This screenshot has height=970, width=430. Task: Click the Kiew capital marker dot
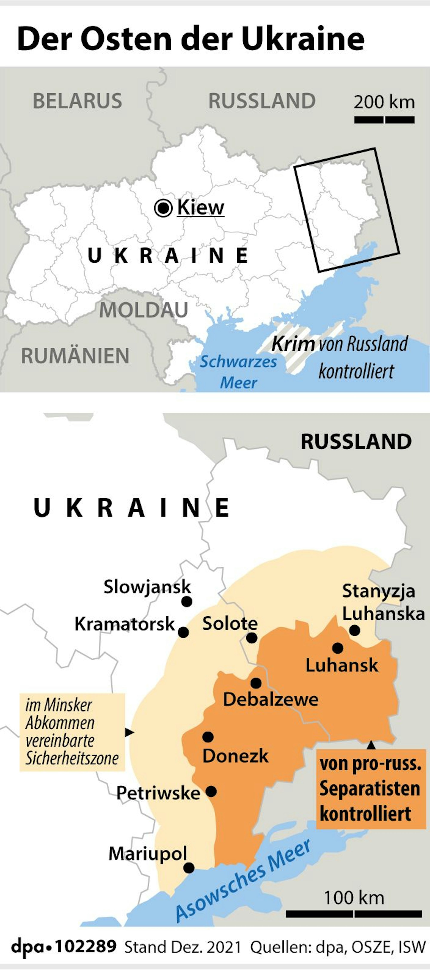[163, 208]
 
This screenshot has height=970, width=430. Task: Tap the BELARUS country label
[77, 101]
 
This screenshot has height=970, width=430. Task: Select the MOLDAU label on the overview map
[144, 310]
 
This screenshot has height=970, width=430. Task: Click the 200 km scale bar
[384, 120]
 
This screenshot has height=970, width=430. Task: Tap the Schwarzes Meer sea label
[238, 372]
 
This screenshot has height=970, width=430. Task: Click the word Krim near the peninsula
[293, 343]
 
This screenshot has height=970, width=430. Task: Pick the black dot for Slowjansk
[187, 601]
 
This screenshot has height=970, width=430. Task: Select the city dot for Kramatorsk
[183, 632]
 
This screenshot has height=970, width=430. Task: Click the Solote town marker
[252, 638]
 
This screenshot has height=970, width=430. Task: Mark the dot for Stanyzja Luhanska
[354, 630]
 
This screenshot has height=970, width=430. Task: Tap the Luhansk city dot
[338, 648]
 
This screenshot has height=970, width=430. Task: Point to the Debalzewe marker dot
[256, 683]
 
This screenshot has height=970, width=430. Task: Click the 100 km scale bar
[354, 914]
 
